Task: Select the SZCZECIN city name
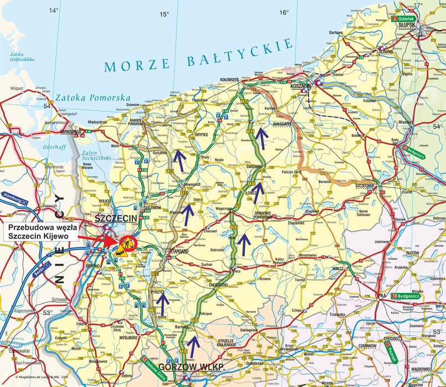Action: [x=116, y=219]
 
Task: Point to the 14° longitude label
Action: [x=53, y=11]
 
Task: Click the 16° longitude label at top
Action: [x=284, y=12]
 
